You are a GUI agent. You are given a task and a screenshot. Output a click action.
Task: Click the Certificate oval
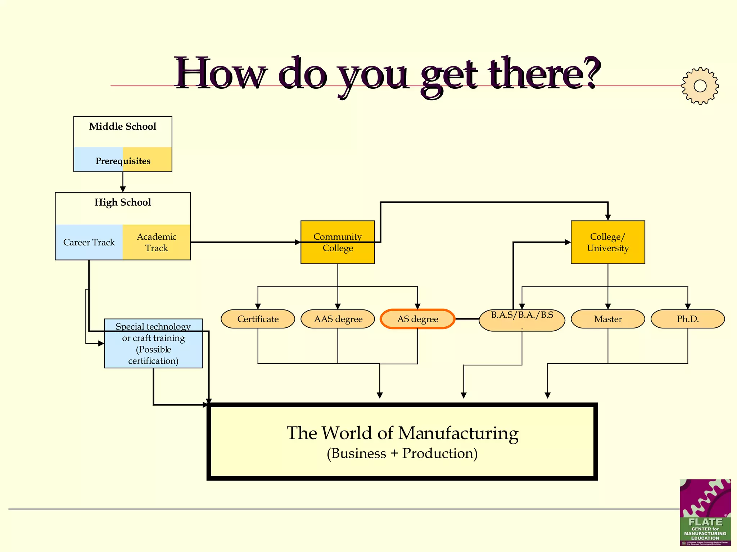258,319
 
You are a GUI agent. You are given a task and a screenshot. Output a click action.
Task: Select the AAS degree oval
338,319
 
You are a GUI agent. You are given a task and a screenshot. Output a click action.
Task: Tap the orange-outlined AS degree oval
417,319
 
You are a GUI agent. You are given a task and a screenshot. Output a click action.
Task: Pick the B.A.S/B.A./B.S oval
522,320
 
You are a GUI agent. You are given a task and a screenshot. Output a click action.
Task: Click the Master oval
608,319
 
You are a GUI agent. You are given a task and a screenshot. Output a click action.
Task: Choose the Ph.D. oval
688,319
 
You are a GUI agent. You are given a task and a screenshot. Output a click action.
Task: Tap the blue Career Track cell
89,243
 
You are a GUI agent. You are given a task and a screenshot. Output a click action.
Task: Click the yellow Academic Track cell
157,243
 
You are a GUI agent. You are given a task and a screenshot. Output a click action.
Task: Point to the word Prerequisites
123,161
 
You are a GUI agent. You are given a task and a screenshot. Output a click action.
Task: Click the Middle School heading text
123,126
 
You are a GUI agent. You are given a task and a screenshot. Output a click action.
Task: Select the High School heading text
123,202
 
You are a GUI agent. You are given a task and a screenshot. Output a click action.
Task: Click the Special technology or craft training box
153,344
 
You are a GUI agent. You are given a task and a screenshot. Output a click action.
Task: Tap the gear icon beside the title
700,86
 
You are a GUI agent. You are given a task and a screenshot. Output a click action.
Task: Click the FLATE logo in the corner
705,512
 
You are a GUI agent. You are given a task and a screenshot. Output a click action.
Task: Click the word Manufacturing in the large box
458,433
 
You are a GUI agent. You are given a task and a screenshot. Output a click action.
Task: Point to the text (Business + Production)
402,454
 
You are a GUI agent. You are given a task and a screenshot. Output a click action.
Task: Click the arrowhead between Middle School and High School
123,189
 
